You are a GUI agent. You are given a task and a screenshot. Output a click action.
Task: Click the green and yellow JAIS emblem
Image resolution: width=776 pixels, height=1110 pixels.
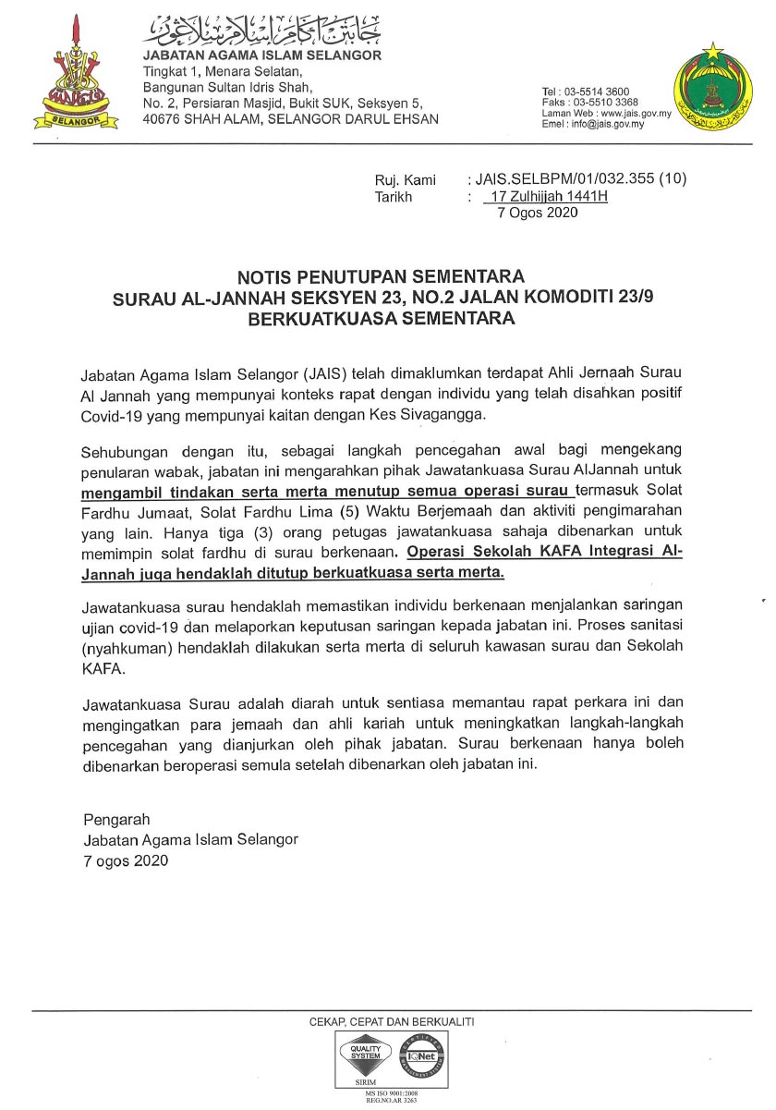(710, 89)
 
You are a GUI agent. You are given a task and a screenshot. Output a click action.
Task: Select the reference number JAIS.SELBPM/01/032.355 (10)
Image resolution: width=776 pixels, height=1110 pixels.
(578, 180)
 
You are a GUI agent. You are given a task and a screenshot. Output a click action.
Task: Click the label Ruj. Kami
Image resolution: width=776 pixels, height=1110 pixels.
(405, 180)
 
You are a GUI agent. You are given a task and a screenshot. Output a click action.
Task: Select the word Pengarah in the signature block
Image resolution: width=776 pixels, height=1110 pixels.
(116, 820)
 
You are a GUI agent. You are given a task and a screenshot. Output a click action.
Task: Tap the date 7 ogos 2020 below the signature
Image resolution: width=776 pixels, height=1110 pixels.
(126, 860)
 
